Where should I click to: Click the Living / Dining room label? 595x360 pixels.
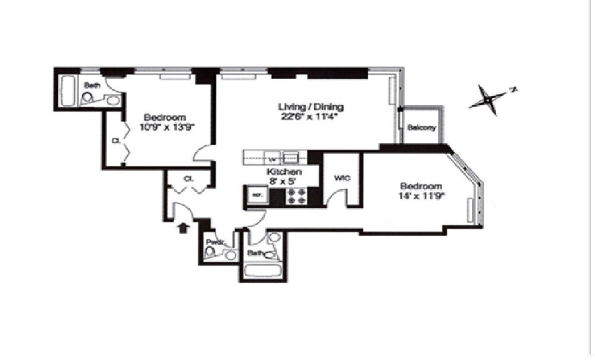click(x=311, y=107)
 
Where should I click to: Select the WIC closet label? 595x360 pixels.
click(x=342, y=177)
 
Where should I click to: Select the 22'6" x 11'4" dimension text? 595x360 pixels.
click(x=311, y=117)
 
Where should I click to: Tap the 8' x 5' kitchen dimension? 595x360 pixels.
click(x=280, y=180)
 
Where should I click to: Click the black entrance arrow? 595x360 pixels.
click(x=184, y=227)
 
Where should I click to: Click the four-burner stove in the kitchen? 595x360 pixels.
click(x=297, y=196)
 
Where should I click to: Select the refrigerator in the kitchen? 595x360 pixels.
click(x=257, y=195)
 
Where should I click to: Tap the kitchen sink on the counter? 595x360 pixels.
click(x=291, y=158)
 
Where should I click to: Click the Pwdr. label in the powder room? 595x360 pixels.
click(x=214, y=242)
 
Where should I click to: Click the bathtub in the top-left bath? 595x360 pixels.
click(x=67, y=90)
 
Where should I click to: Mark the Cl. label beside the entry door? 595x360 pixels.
click(x=187, y=178)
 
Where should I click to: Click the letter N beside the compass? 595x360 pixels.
click(x=512, y=90)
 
